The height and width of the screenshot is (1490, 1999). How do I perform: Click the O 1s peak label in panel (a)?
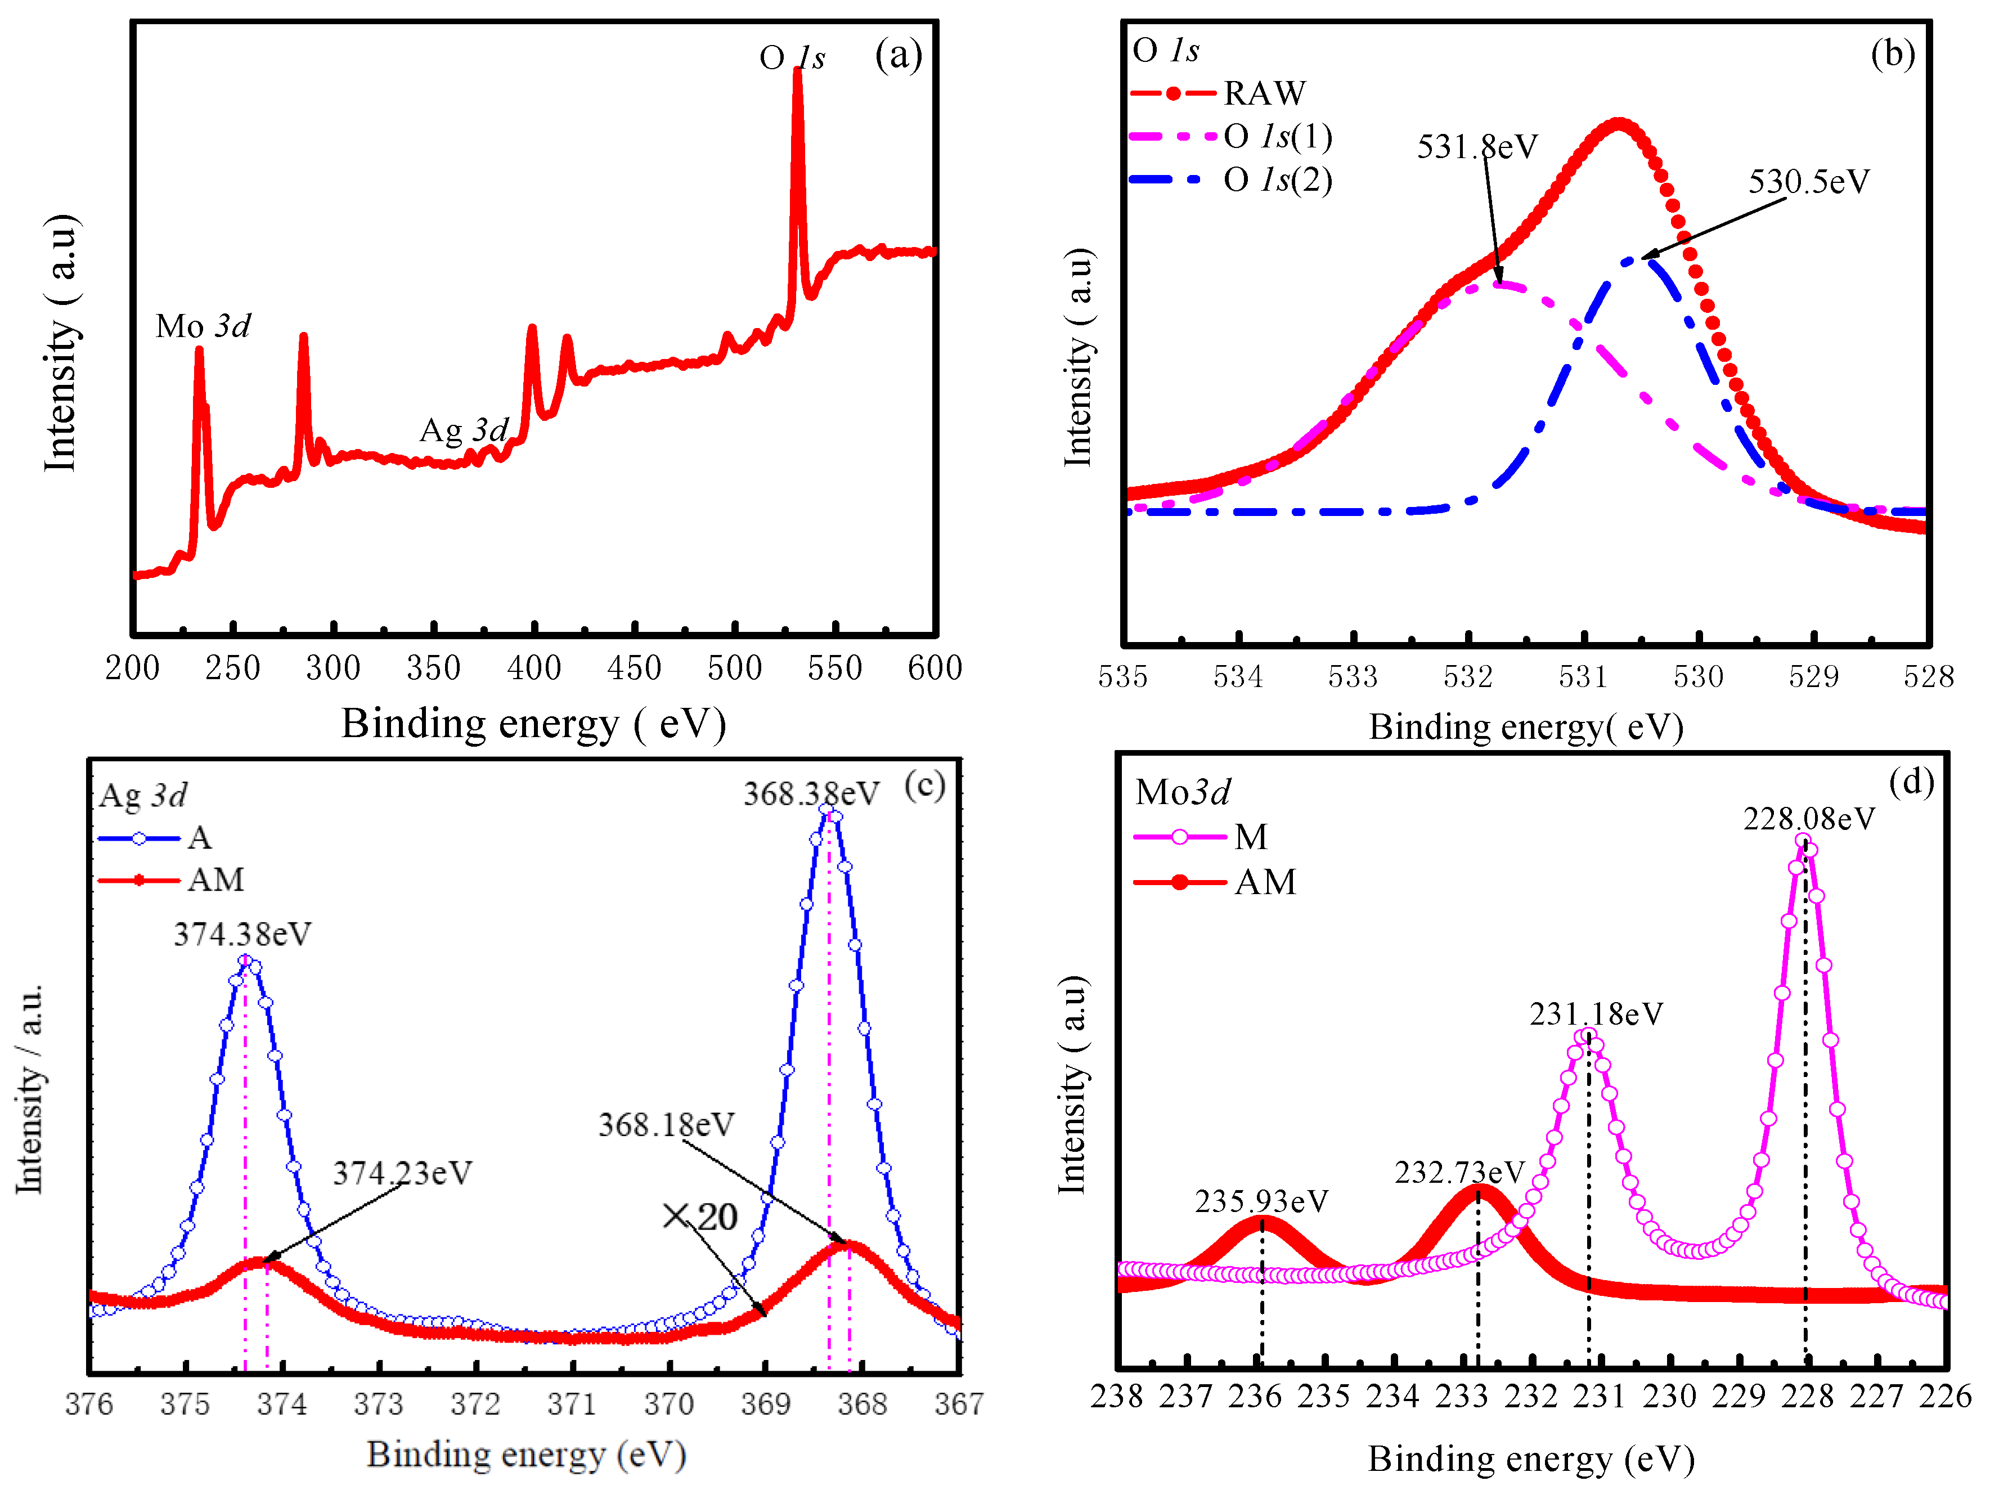(792, 59)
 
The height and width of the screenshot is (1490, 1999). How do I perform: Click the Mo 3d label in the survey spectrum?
(203, 326)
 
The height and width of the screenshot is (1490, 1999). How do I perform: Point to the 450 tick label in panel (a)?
(634, 668)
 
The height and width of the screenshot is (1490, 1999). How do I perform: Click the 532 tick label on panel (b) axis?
(1468, 676)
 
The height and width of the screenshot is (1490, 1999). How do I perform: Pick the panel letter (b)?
(1892, 54)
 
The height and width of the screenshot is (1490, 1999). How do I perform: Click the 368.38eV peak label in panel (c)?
(811, 794)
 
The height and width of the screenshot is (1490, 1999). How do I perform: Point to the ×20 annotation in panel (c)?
(700, 1217)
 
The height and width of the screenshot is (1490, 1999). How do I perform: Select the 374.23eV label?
(402, 1173)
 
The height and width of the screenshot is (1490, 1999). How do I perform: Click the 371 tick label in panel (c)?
(572, 1404)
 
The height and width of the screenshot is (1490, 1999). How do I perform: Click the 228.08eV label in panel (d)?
(1808, 819)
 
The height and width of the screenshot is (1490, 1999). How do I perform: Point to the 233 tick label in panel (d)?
(1462, 1396)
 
